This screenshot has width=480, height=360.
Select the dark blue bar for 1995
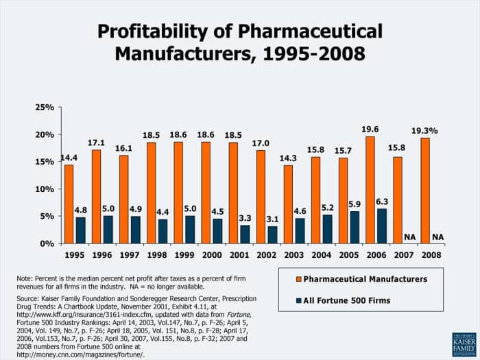point(80,230)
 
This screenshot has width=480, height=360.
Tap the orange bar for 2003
point(288,204)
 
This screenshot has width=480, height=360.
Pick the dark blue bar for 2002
point(272,235)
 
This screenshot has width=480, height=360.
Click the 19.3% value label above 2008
point(425,130)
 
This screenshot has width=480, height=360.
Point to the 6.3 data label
point(382,202)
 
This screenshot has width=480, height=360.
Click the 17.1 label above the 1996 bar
point(97,142)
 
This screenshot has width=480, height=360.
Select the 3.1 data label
point(272,219)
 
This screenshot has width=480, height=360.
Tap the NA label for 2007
point(409,237)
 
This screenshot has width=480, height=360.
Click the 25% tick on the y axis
point(45,108)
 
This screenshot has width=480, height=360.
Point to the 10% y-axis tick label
point(45,189)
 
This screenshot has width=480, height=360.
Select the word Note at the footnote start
point(25,278)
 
